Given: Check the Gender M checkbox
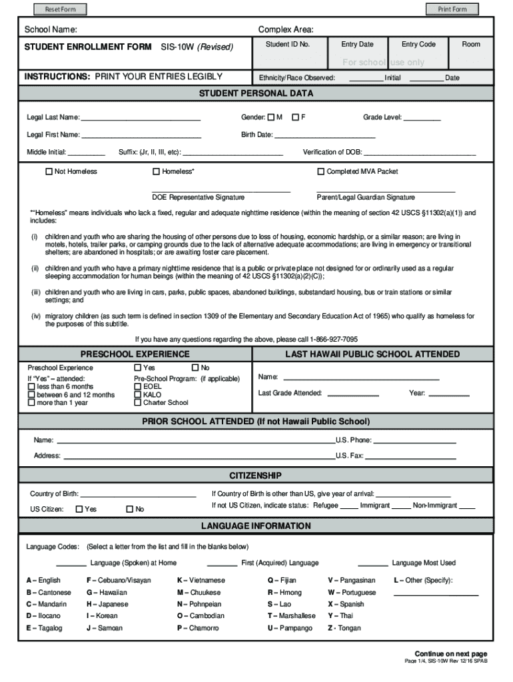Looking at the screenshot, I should pyautogui.click(x=270, y=118).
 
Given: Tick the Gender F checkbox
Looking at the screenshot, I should pyautogui.click(x=295, y=118).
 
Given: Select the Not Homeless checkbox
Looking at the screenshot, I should pyautogui.click(x=49, y=172).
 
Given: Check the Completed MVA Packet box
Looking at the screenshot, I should pyautogui.click(x=320, y=172).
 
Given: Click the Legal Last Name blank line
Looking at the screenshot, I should pyautogui.click(x=141, y=119).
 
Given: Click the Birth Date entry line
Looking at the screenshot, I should pyautogui.click(x=324, y=135).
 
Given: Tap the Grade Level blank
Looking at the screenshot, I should pyautogui.click(x=422, y=119).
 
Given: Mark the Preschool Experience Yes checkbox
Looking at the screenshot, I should pyautogui.click(x=137, y=368).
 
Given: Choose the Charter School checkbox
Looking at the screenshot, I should pyautogui.click(x=137, y=402).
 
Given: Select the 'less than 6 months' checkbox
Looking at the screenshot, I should pyautogui.click(x=31, y=386).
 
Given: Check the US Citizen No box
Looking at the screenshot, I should pyautogui.click(x=129, y=510).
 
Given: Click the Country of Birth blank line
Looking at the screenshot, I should pyautogui.click(x=138, y=495).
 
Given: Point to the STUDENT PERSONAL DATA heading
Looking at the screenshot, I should pyautogui.click(x=256, y=94).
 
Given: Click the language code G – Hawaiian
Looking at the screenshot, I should pyautogui.click(x=107, y=592).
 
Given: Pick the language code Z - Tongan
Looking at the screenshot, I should pyautogui.click(x=344, y=628).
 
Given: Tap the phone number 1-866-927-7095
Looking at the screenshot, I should pyautogui.click(x=333, y=338).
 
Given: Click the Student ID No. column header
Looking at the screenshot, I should pyautogui.click(x=287, y=45).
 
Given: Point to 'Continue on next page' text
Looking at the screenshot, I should pyautogui.click(x=450, y=653).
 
